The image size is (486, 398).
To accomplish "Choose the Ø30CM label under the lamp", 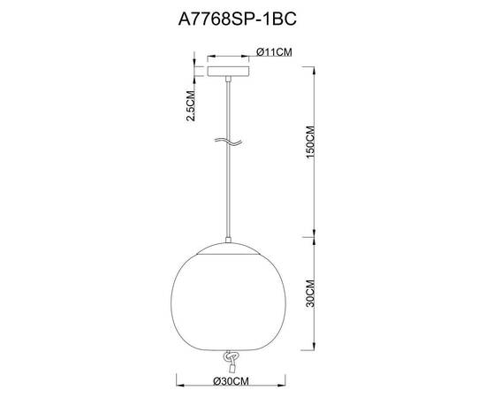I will pos(229,382).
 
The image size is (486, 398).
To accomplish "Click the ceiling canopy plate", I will pos(230,71).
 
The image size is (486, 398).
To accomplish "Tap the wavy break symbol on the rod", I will pos(229,142).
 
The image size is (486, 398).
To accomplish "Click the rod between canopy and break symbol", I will pos(230,106).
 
